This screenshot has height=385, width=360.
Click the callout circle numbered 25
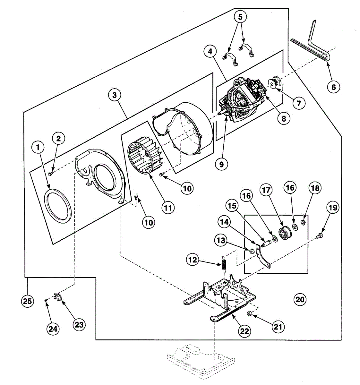pos(27,301)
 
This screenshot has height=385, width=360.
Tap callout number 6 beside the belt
pos(333,87)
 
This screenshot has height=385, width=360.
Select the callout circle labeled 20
pos(300,300)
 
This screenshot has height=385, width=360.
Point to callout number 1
pos(38,148)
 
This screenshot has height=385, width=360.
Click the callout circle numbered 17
pos(266,190)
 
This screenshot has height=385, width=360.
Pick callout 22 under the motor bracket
pos(244,331)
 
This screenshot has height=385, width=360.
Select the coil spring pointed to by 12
pos(224,264)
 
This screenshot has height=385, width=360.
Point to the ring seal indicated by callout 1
pos(58,206)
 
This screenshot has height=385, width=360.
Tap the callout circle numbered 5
pos(240,17)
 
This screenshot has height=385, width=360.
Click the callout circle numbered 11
pos(168,208)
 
